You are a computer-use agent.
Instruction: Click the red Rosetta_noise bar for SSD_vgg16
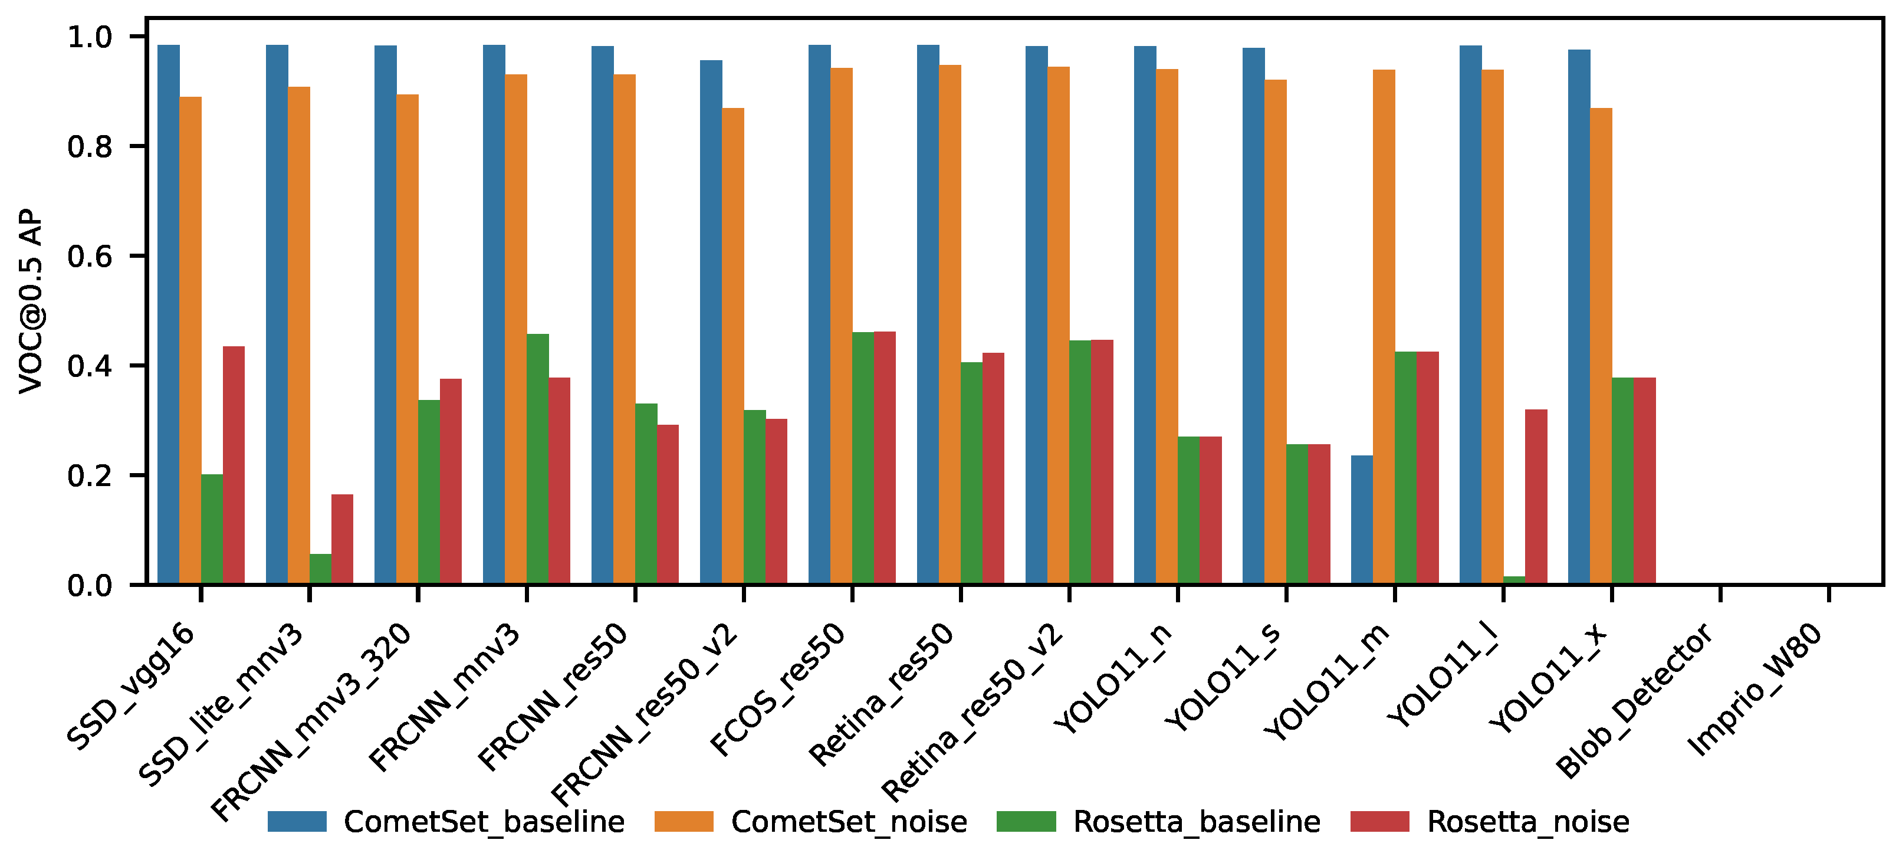click(x=234, y=465)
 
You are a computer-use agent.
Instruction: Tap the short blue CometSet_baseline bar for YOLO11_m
click(x=1362, y=520)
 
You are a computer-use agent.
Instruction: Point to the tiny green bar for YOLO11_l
click(x=1514, y=580)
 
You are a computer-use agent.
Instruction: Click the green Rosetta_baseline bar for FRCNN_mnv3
click(x=537, y=460)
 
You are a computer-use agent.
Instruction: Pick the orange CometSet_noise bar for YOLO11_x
click(x=1601, y=346)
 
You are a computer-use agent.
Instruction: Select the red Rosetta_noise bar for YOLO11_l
click(x=1536, y=497)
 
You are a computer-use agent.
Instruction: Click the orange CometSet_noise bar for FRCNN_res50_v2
click(x=732, y=346)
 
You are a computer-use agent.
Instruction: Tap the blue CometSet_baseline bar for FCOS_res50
click(x=820, y=315)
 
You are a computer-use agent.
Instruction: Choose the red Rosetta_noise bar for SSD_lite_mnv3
click(x=342, y=540)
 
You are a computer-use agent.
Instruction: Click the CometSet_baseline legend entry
click(x=446, y=821)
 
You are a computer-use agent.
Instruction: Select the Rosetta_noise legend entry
click(x=1490, y=821)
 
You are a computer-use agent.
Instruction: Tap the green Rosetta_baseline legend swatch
click(x=1026, y=821)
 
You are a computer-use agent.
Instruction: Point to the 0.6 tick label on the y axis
click(x=89, y=257)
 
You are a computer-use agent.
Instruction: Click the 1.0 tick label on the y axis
click(x=89, y=37)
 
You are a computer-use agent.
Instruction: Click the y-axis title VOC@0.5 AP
click(x=31, y=301)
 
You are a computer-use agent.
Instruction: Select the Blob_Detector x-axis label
click(x=1634, y=700)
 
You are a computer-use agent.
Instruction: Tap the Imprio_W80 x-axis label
click(x=1755, y=690)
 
